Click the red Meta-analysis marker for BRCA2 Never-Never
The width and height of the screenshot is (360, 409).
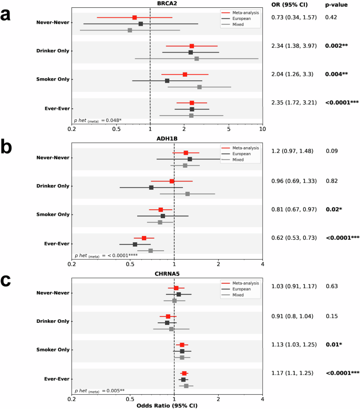(x=135, y=18)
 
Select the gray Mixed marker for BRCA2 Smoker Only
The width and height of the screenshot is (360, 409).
(x=199, y=87)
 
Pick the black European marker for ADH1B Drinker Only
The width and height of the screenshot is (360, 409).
(x=151, y=187)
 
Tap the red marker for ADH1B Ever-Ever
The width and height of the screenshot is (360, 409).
(x=144, y=238)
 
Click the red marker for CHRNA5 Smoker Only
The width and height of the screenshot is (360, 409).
(x=182, y=345)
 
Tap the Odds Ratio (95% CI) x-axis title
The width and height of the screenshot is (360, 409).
(x=167, y=405)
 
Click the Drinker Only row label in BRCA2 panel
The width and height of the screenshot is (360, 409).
(x=53, y=51)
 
